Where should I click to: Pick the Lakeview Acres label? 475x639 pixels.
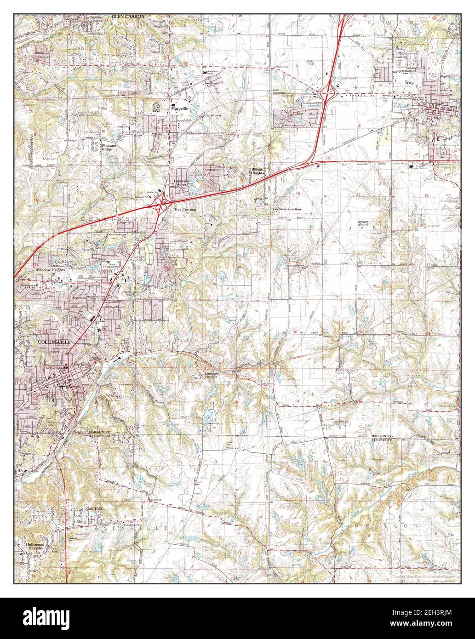click(x=181, y=183)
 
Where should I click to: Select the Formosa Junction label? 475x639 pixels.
click(x=286, y=209)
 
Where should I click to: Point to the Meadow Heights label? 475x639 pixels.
click(x=49, y=270)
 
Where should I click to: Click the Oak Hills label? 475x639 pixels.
click(x=93, y=509)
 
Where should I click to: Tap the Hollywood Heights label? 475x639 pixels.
click(x=34, y=546)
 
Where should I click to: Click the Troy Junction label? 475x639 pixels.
click(x=278, y=91)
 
